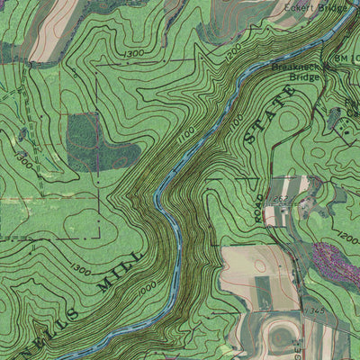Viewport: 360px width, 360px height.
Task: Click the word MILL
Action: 121,269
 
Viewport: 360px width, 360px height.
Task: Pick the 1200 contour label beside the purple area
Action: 346,239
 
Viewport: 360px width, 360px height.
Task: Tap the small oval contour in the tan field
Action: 259,264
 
